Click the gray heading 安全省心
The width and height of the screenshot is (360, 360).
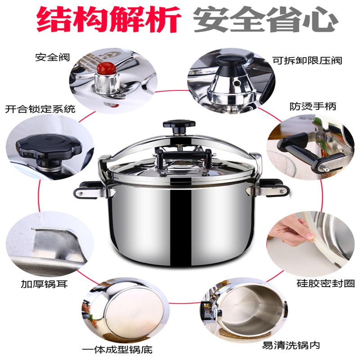[266, 19]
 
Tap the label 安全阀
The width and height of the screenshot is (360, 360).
[52, 58]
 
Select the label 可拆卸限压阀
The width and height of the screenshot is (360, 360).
[307, 61]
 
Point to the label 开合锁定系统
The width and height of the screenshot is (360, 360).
[40, 109]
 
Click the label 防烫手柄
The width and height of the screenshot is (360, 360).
[313, 106]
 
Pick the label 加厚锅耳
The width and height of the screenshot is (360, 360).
[44, 284]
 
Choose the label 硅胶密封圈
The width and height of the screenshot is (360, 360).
[325, 283]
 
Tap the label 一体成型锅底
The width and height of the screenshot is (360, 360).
[117, 350]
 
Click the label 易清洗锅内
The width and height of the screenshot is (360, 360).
[291, 345]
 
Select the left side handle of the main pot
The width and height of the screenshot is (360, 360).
[88, 189]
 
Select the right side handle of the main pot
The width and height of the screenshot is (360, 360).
[274, 188]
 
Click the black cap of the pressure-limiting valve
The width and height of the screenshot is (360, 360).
[232, 61]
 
